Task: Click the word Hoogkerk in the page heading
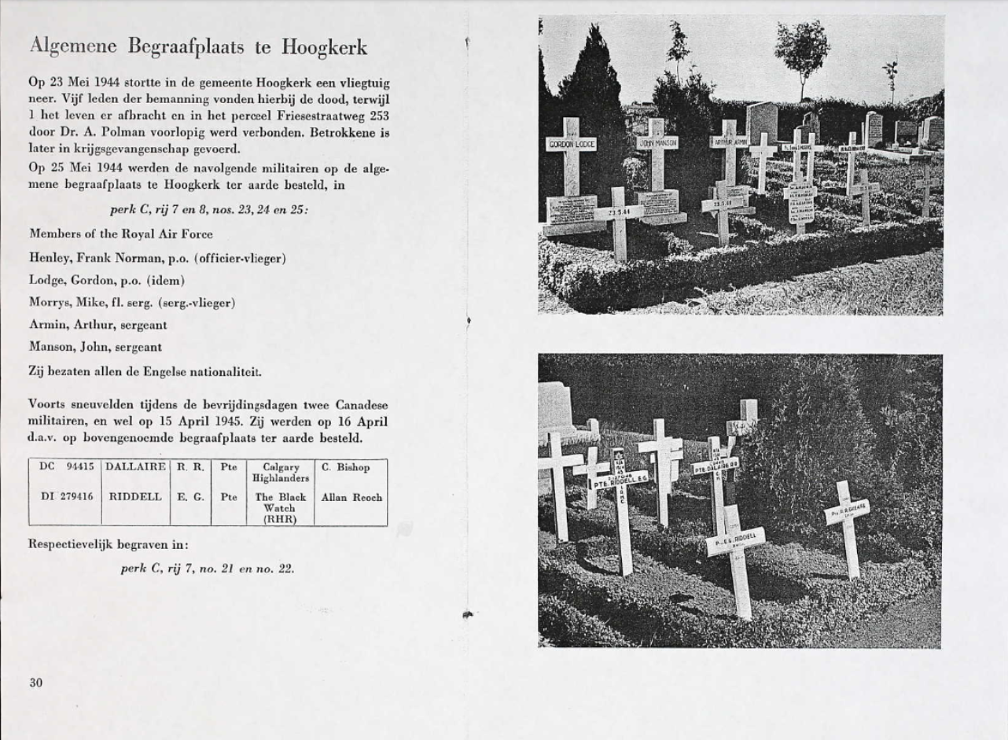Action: coord(325,47)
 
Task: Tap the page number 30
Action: coord(36,683)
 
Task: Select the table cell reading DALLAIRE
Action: coord(135,467)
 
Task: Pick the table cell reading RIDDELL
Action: coord(135,497)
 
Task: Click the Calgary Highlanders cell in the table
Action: coord(280,473)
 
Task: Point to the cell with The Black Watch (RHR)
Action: coord(280,508)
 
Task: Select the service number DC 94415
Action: coord(66,467)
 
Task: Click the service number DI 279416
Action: coord(66,497)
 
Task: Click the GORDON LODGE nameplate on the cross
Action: coord(571,144)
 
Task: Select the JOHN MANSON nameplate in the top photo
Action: coord(658,143)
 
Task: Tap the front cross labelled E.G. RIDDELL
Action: coord(736,541)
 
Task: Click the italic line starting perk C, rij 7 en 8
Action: coord(209,210)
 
